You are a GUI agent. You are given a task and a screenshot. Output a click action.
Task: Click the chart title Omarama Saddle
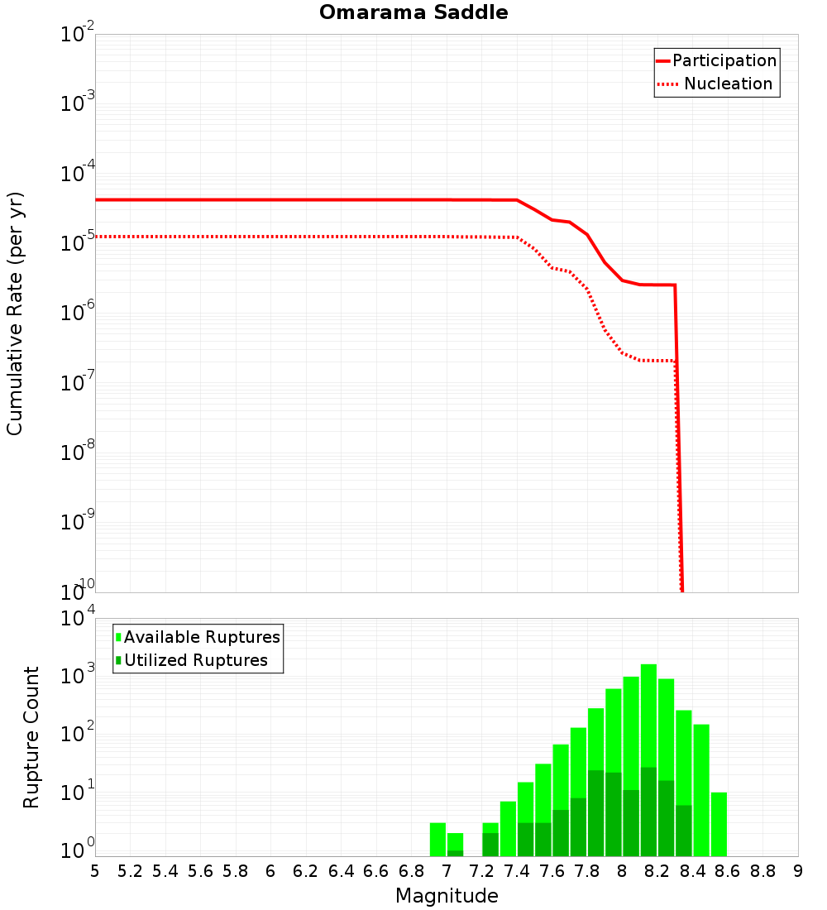pyautogui.click(x=413, y=12)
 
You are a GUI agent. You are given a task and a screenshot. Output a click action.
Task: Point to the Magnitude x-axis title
pyautogui.click(x=447, y=896)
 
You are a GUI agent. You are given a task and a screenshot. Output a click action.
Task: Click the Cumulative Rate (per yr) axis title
pyautogui.click(x=15, y=313)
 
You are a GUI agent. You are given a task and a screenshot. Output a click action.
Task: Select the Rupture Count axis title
pyautogui.click(x=31, y=736)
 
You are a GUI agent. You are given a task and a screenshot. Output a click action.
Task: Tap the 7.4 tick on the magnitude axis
pyautogui.click(x=517, y=870)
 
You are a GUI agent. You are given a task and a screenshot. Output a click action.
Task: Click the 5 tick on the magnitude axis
pyautogui.click(x=95, y=870)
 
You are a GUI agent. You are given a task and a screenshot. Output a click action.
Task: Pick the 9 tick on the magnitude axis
pyautogui.click(x=798, y=870)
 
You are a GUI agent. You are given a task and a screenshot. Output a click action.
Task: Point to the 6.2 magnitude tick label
pyautogui.click(x=306, y=870)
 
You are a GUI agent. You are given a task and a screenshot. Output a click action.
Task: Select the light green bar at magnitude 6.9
pyautogui.click(x=437, y=839)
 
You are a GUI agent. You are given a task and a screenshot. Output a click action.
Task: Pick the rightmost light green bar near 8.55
pyautogui.click(x=719, y=824)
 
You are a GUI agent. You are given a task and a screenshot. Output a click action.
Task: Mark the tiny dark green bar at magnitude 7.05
pyautogui.click(x=455, y=853)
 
